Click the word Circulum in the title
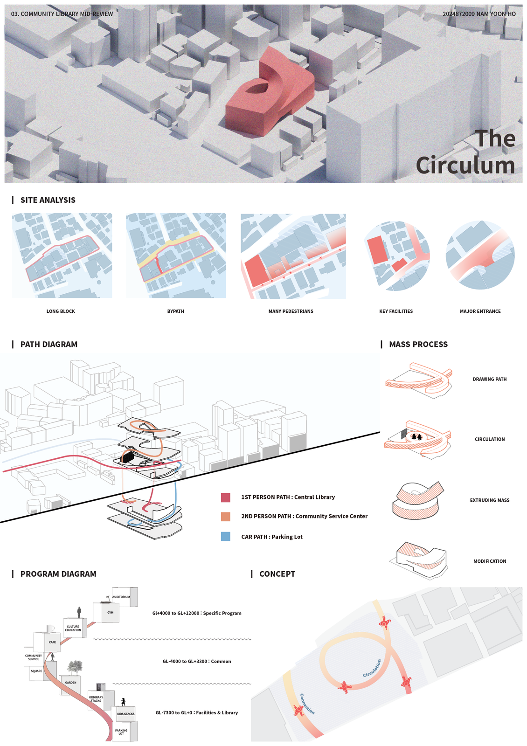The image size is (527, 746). pyautogui.click(x=465, y=166)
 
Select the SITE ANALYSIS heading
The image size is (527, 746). pyautogui.click(x=48, y=200)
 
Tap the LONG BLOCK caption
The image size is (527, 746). pyautogui.click(x=61, y=311)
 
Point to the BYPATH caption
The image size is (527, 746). pyautogui.click(x=176, y=311)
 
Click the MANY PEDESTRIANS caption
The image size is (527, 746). pyautogui.click(x=291, y=311)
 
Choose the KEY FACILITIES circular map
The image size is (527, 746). pyautogui.click(x=396, y=256)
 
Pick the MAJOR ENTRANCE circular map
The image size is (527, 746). pyautogui.click(x=480, y=256)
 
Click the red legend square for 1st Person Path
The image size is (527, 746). pyautogui.click(x=226, y=497)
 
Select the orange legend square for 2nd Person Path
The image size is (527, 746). pyautogui.click(x=226, y=517)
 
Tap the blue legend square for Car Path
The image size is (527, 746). pyautogui.click(x=226, y=537)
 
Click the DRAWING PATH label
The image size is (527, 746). pyautogui.click(x=489, y=379)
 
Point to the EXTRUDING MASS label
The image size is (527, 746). pyautogui.click(x=489, y=500)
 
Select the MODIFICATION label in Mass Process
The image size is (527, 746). pyautogui.click(x=489, y=561)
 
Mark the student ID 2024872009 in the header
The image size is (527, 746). pyautogui.click(x=458, y=14)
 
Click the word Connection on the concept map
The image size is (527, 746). pyautogui.click(x=307, y=704)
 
